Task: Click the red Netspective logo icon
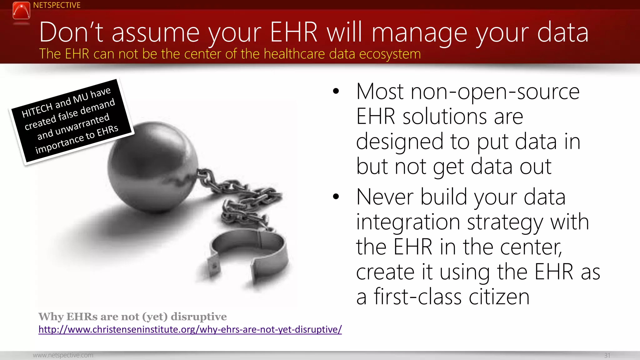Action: pyautogui.click(x=21, y=10)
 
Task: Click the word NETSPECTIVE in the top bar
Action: pyautogui.click(x=57, y=5)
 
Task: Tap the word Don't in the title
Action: pyautogui.click(x=71, y=32)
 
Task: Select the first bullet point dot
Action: pyautogui.click(x=336, y=91)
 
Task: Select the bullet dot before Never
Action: pyautogui.click(x=336, y=197)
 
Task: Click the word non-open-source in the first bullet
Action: pyautogui.click(x=495, y=92)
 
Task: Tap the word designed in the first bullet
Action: pyautogui.click(x=400, y=142)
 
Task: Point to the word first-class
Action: pyautogui.click(x=417, y=297)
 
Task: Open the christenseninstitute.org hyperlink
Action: pyautogui.click(x=190, y=329)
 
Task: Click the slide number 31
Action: pyautogui.click(x=607, y=355)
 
